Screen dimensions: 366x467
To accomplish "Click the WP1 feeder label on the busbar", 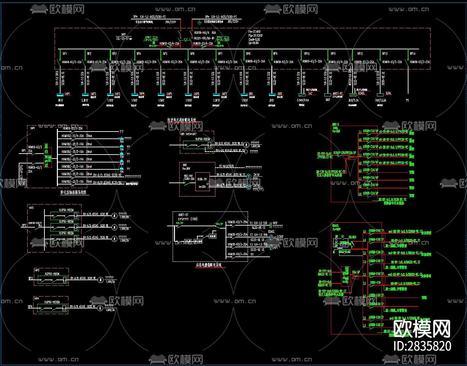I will click(65, 54).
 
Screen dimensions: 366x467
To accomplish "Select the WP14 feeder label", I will click(412, 54).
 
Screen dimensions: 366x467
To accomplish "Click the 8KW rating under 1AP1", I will click(60, 100).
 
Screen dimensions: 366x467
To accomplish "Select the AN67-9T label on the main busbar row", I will click(338, 93).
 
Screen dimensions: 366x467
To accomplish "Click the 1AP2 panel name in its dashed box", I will click(31, 208).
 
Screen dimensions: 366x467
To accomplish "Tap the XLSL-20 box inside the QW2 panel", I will click(202, 179).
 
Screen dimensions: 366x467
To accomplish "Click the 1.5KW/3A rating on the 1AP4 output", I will click(110, 310).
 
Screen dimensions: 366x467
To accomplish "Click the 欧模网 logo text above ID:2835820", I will click(422, 329).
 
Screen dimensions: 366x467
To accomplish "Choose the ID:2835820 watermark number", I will click(422, 346).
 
